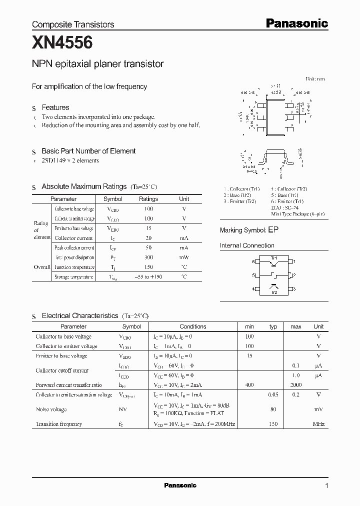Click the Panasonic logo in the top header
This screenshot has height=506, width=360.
tap(296, 23)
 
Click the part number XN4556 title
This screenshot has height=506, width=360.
tap(62, 43)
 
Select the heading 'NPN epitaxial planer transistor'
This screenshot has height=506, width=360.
tap(98, 64)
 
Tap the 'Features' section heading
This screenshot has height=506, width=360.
tap(55, 107)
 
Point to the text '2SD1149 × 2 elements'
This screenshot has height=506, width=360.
tap(70, 160)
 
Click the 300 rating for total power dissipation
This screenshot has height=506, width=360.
tap(148, 257)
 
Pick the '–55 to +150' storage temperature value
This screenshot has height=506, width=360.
tap(148, 276)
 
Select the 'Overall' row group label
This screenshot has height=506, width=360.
tap(42, 267)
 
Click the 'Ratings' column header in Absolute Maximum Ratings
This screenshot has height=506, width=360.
tap(148, 199)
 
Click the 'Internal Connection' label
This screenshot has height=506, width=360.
tap(247, 245)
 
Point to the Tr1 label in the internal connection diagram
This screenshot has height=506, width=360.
tap(273, 258)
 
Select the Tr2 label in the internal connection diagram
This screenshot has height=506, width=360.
tap(273, 292)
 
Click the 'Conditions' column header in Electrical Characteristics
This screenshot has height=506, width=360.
tap(192, 326)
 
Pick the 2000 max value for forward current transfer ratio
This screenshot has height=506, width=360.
tap(295, 385)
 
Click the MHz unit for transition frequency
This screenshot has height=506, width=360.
tap(318, 424)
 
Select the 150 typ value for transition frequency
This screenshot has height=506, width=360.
tap(272, 424)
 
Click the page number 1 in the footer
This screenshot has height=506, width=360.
tap(326, 485)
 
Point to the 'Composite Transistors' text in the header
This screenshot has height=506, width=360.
tap(73, 24)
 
